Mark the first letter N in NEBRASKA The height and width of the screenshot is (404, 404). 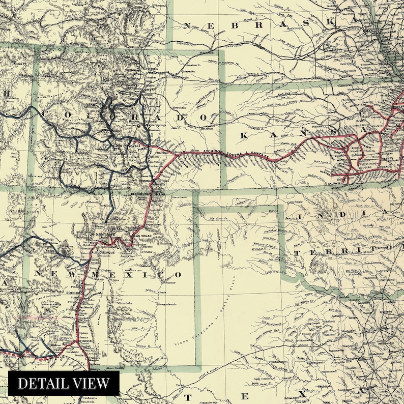point(188,25)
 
